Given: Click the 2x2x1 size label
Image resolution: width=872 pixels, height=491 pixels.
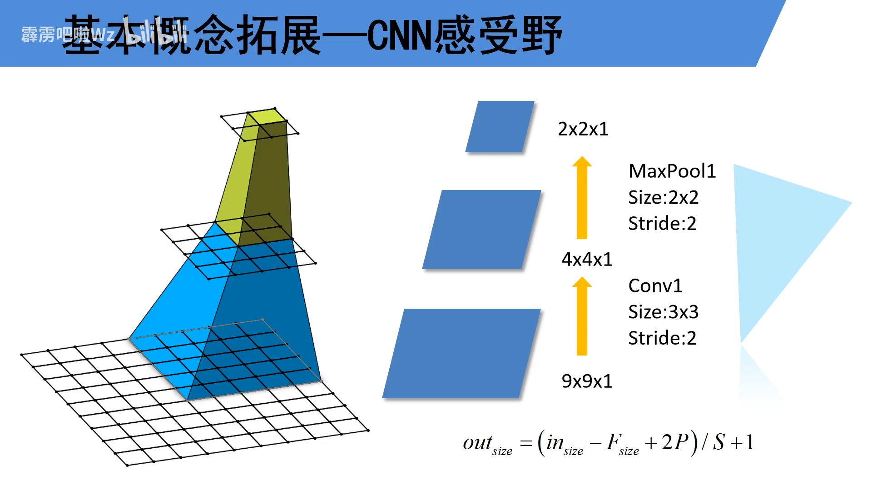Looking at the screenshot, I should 583,129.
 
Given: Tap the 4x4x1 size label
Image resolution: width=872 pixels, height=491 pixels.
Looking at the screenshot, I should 587,259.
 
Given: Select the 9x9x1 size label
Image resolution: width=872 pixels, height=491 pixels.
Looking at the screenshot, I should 587,381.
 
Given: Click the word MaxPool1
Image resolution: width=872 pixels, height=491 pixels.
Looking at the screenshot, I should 672,171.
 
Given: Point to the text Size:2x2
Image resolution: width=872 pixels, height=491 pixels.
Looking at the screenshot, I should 663,197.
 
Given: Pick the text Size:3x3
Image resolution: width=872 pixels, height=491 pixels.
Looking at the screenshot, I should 663,312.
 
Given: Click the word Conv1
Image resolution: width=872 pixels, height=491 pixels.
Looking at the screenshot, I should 655,286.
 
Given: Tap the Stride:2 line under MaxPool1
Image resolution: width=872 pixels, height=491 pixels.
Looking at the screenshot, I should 662,223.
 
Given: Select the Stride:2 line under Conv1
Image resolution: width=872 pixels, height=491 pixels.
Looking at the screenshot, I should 662,338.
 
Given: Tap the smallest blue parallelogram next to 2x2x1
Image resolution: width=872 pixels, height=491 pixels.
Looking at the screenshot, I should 500,126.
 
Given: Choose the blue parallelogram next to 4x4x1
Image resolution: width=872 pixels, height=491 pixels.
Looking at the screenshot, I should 481,230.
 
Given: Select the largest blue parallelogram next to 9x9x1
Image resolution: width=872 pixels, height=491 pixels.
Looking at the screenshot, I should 461,353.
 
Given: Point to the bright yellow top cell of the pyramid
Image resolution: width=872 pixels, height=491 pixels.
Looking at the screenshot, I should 267,116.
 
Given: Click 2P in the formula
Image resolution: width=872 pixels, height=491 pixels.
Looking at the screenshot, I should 675,442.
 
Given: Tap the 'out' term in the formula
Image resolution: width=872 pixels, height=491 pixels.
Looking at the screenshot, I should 477,442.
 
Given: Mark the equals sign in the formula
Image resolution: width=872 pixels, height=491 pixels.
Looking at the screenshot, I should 526,443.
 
